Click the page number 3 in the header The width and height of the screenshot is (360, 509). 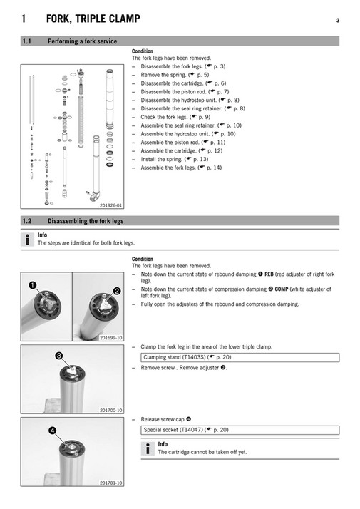337,20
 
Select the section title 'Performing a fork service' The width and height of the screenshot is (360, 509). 82,42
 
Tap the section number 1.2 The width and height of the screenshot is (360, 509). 29,222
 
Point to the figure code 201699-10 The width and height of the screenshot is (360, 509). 110,337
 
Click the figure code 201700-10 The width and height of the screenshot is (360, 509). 110,411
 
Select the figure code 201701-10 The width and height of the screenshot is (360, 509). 110,483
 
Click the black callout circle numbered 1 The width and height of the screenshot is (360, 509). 33,285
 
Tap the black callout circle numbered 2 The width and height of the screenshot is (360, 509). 117,291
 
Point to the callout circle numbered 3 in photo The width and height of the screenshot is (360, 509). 59,355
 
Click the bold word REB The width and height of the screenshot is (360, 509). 269,274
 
